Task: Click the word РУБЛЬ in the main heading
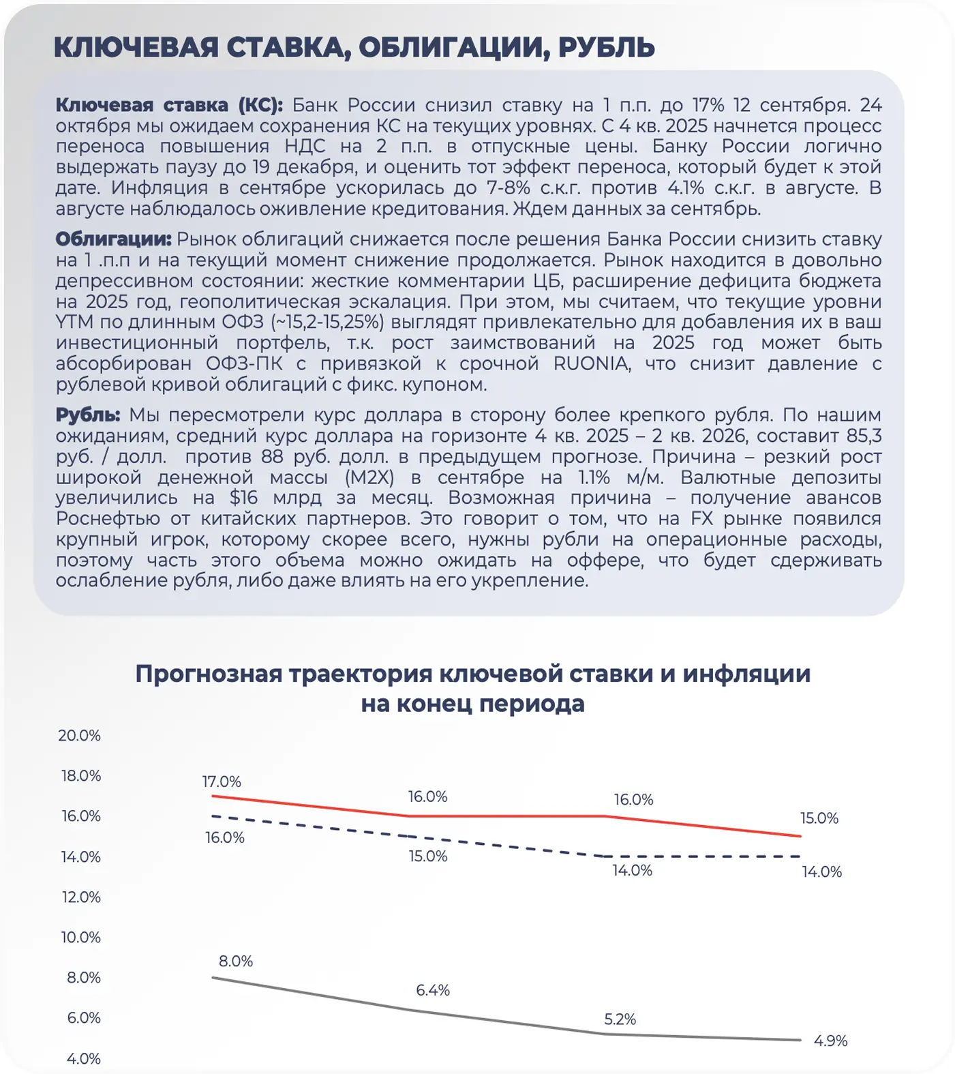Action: (x=606, y=48)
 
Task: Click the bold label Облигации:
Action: (x=113, y=239)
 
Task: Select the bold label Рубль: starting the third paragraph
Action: (x=88, y=415)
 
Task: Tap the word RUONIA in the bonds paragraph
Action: (x=591, y=363)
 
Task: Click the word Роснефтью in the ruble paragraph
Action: (x=108, y=518)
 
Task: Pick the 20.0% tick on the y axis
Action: (x=80, y=735)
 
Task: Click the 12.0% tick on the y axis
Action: (x=81, y=897)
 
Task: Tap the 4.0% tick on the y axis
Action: (x=83, y=1058)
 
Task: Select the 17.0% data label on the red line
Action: (x=222, y=781)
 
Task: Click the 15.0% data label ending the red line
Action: (x=819, y=818)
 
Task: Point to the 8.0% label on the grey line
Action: (x=236, y=961)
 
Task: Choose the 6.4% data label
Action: (x=433, y=989)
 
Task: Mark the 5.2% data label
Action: (x=620, y=1019)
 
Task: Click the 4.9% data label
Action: (x=830, y=1041)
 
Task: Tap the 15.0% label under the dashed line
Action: (x=428, y=856)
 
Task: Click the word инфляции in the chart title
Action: (x=746, y=674)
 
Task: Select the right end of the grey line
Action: (x=800, y=1040)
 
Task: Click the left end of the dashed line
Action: (x=213, y=816)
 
